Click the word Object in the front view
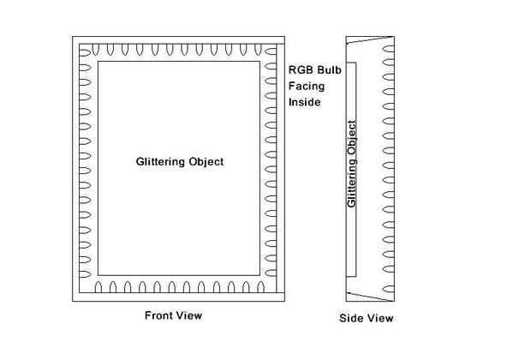tap(206, 161)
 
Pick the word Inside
tap(303, 102)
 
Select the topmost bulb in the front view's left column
tap(85, 51)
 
